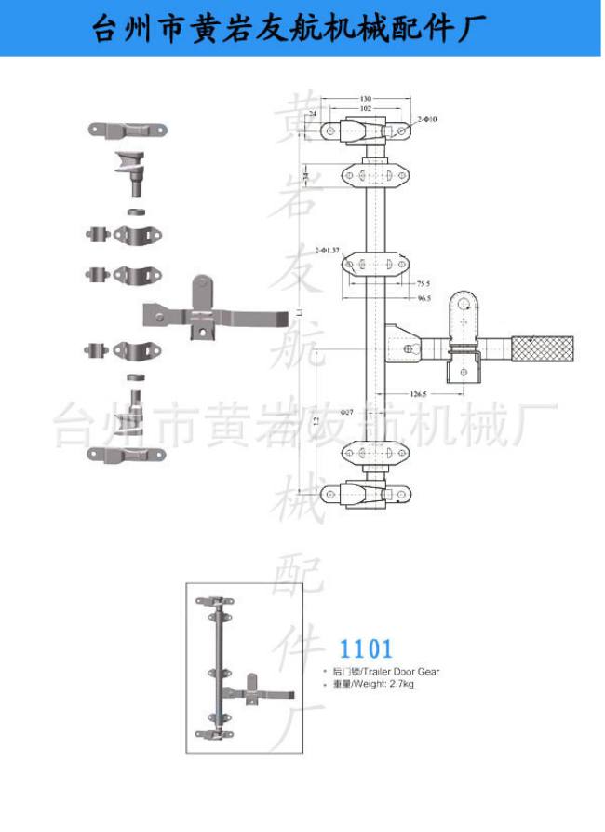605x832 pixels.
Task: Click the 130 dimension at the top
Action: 365,98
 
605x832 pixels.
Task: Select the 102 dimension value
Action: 365,108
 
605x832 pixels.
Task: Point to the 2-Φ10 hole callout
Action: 427,119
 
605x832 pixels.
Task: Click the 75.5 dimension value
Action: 423,283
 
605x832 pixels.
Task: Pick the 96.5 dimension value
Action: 423,298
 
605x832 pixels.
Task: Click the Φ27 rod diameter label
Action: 347,411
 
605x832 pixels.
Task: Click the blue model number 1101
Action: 366,648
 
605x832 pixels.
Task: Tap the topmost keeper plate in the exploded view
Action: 128,130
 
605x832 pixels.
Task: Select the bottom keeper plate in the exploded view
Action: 124,454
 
